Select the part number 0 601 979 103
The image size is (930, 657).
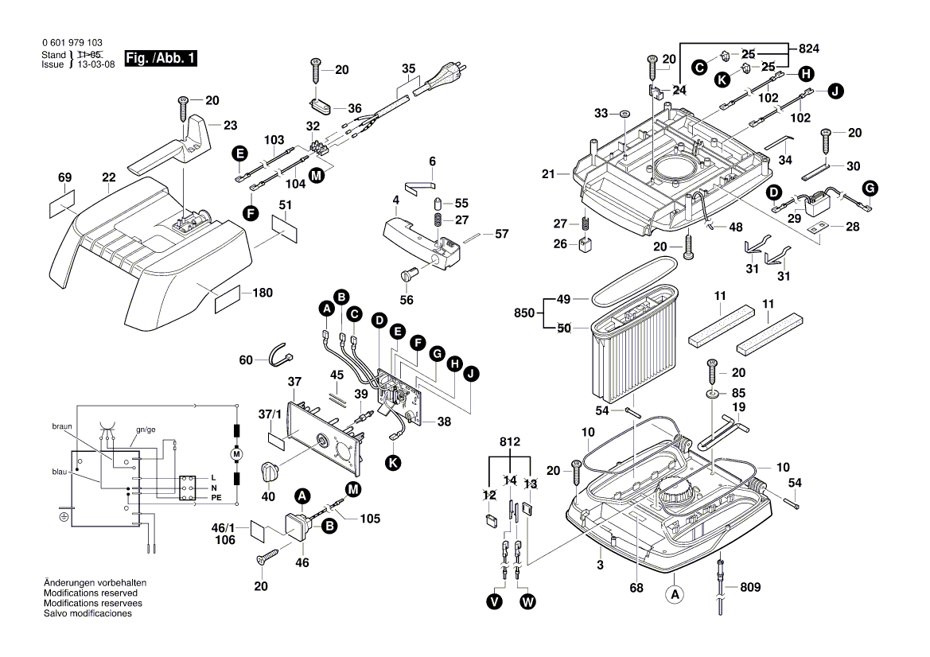[72, 43]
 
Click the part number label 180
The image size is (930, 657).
[262, 293]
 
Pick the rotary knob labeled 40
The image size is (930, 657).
[270, 472]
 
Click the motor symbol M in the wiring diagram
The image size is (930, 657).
[235, 453]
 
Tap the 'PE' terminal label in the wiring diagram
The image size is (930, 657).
[216, 497]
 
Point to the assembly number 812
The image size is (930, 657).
[510, 441]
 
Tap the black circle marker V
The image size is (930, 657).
[495, 602]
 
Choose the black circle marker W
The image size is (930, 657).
[527, 602]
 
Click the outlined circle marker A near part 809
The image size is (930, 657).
[674, 593]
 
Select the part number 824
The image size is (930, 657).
[808, 49]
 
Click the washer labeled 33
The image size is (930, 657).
[625, 114]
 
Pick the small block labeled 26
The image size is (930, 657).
[585, 245]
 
